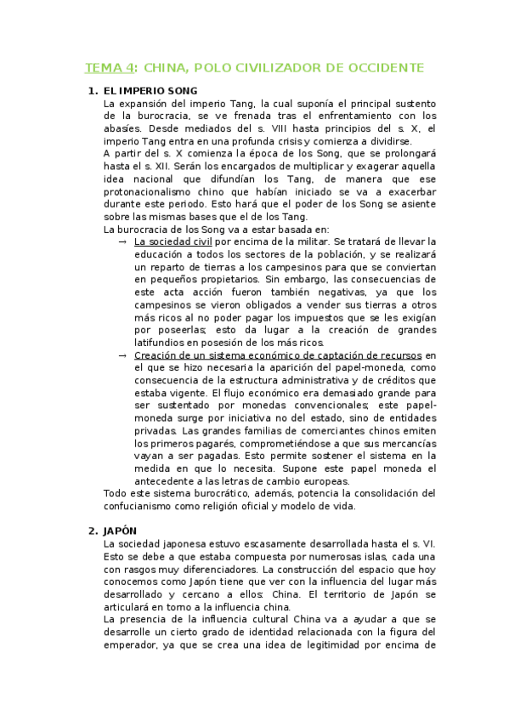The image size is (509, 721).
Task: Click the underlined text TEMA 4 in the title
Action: (x=110, y=67)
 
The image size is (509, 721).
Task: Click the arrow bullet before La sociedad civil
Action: (x=124, y=241)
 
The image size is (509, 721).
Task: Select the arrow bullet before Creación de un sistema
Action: (x=124, y=355)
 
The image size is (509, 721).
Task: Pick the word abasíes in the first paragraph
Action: (x=125, y=128)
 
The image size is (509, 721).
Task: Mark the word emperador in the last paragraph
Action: (x=130, y=645)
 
